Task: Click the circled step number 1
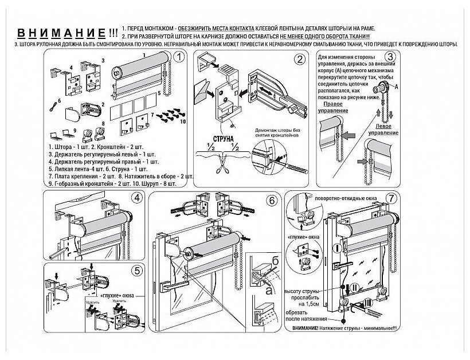click(178, 57)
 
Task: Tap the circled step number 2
click(300, 58)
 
